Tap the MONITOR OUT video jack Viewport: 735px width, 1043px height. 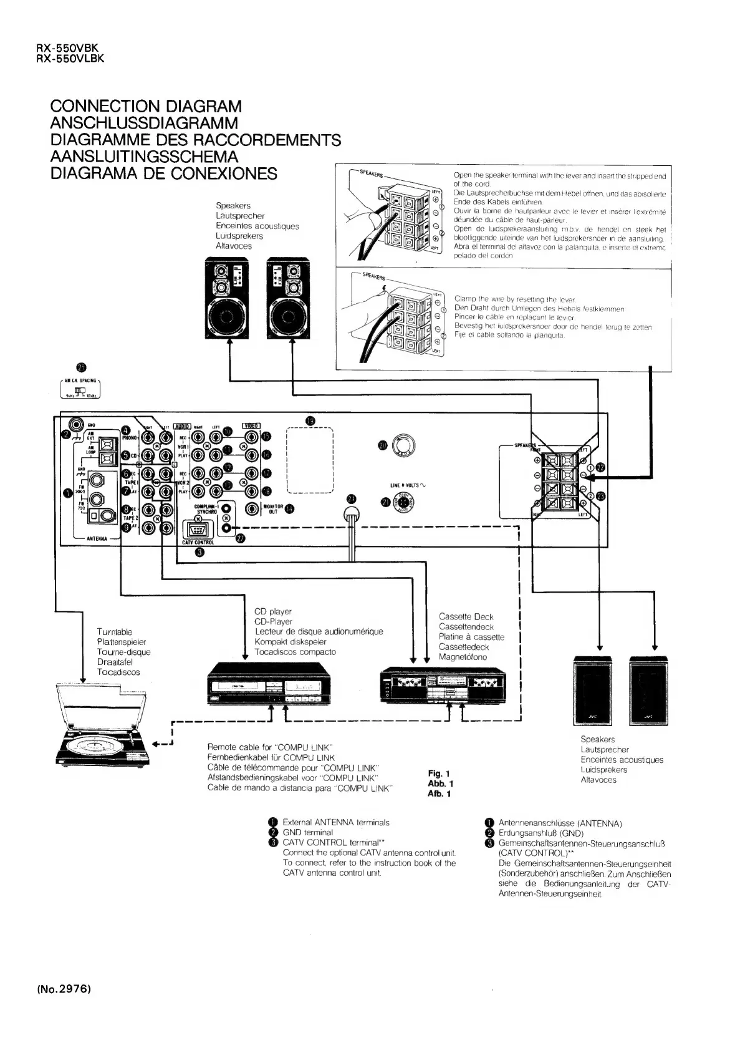coord(252,508)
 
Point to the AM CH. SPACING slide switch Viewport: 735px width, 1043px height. coord(80,392)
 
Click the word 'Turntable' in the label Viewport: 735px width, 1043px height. coord(115,632)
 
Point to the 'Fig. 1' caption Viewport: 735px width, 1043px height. coord(439,774)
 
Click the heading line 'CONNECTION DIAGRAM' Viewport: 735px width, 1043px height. coord(146,107)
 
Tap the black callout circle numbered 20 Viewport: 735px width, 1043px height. coord(382,445)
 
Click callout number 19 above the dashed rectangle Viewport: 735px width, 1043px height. coord(310,420)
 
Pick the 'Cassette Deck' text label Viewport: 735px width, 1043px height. coord(466,616)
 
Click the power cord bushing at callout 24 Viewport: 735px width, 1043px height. coord(353,515)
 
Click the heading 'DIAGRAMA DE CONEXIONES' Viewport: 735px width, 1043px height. coord(163,173)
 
